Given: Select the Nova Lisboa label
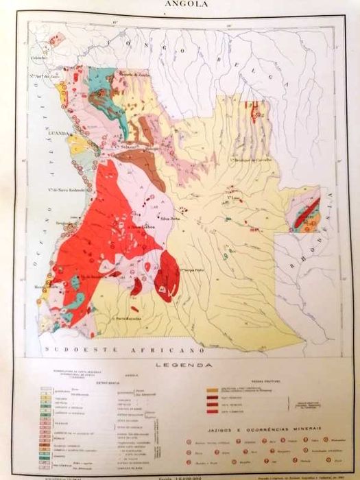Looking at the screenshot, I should click(139, 225).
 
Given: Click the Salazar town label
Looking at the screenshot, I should click(128, 148).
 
